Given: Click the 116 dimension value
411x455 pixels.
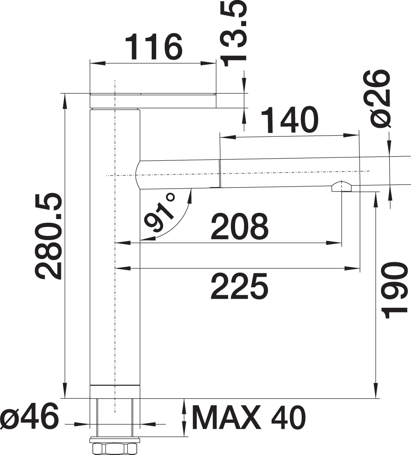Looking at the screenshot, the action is pos(154,47).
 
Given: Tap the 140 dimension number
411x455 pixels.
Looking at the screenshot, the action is pos(289,120).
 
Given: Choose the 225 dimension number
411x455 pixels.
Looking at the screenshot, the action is pos(239,286).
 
